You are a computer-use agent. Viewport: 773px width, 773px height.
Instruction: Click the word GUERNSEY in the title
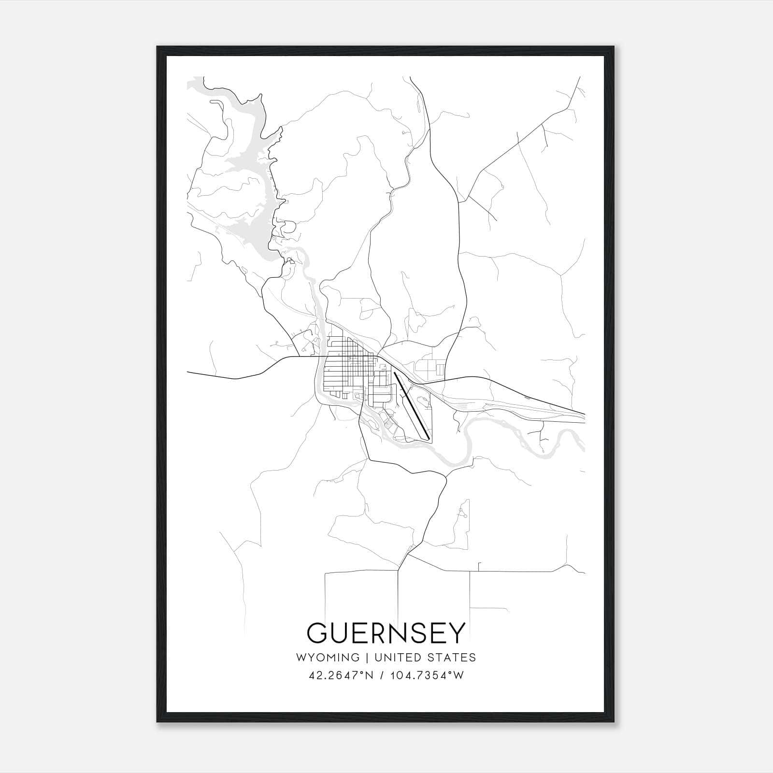(x=386, y=633)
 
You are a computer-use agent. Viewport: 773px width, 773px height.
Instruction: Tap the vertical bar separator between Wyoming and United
(x=367, y=658)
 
